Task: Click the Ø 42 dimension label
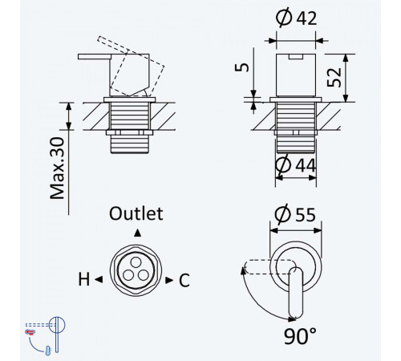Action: tap(296, 18)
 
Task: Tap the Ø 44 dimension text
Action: tap(296, 165)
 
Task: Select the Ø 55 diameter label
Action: tap(295, 214)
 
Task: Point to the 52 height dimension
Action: tap(334, 78)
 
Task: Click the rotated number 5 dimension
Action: tap(241, 67)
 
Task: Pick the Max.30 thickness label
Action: tap(58, 168)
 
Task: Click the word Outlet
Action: tap(136, 213)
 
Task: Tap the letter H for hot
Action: tap(83, 279)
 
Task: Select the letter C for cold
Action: tap(184, 280)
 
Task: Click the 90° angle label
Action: tap(300, 336)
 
